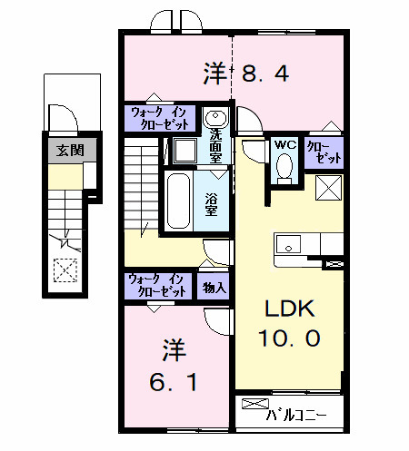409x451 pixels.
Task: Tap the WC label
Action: tap(283, 145)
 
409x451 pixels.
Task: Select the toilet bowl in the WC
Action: tap(284, 166)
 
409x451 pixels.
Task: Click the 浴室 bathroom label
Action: tap(210, 205)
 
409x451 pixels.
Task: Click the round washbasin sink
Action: tap(214, 118)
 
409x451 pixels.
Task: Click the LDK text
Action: tap(289, 309)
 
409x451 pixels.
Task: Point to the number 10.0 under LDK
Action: tap(290, 338)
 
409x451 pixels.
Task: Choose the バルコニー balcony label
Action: tap(295, 417)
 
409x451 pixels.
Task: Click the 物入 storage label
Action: tap(214, 287)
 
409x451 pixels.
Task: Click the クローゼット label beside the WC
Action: tap(324, 151)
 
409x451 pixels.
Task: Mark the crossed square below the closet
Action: tap(328, 188)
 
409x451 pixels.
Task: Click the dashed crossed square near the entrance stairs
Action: tap(64, 270)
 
